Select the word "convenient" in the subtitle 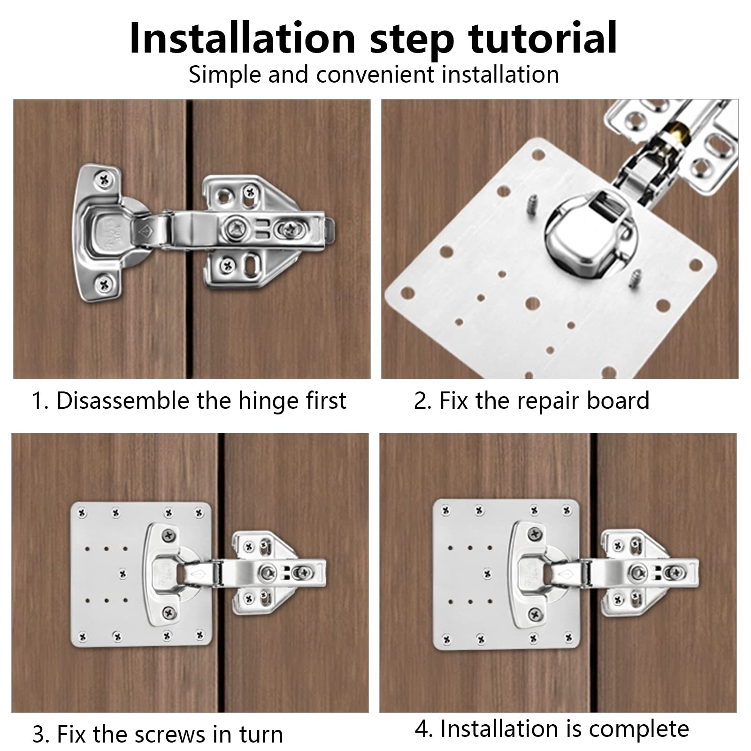tap(375, 75)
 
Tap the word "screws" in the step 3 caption tap(170, 735)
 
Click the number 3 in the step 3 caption tap(38, 735)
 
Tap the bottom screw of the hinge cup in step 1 tap(104, 283)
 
